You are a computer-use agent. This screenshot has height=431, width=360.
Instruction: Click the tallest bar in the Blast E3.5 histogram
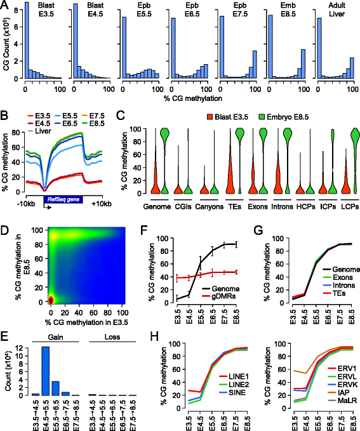tap(27, 41)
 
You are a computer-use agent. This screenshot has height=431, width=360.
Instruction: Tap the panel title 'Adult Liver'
tap(337, 10)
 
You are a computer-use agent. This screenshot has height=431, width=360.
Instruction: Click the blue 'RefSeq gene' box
tap(63, 199)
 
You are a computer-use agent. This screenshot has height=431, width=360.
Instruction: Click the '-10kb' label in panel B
tap(26, 204)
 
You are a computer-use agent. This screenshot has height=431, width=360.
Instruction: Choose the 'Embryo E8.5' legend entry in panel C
tap(284, 117)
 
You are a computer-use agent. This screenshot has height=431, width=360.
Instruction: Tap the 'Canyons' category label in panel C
tap(210, 206)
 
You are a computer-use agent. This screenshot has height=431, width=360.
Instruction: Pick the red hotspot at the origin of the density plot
tap(51, 300)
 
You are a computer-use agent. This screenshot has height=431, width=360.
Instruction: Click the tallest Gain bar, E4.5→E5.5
tap(46, 371)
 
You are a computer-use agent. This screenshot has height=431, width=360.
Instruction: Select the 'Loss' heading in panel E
tap(112, 337)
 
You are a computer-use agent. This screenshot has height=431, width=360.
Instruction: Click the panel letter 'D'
tap(4, 230)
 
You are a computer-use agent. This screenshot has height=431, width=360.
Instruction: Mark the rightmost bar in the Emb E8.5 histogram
tap(303, 64)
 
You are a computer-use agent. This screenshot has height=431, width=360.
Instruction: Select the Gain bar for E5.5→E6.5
tap(56, 388)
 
